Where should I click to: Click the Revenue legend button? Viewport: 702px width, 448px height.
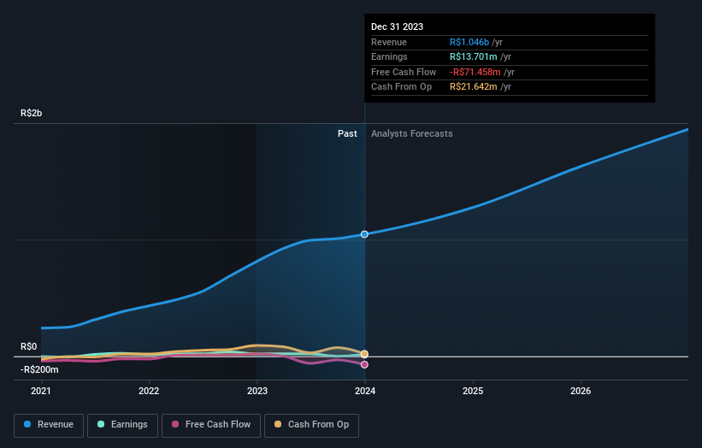pyautogui.click(x=49, y=424)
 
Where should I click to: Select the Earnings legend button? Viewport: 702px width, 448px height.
pyautogui.click(x=122, y=424)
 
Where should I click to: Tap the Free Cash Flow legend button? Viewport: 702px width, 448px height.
pyautogui.click(x=209, y=424)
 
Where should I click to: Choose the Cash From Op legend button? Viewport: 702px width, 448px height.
pyautogui.click(x=312, y=424)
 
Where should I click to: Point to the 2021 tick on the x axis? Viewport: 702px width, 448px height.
pyautogui.click(x=41, y=392)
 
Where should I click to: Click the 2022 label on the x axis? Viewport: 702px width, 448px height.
pyautogui.click(x=149, y=392)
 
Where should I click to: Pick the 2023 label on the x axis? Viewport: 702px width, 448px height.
pyautogui.click(x=257, y=392)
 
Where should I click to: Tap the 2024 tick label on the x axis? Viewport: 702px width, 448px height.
pyautogui.click(x=365, y=392)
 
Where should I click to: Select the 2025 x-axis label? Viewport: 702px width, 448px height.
pyautogui.click(x=473, y=392)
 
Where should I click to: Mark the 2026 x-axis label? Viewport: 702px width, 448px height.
pyautogui.click(x=581, y=392)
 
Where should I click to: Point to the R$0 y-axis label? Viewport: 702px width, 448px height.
pyautogui.click(x=29, y=346)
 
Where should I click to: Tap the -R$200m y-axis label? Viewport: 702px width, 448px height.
pyautogui.click(x=40, y=369)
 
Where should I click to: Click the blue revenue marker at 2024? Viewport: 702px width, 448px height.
pyautogui.click(x=365, y=233)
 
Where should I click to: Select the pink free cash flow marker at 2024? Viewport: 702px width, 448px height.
pyautogui.click(x=365, y=364)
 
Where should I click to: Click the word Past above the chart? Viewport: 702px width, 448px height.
pyautogui.click(x=347, y=133)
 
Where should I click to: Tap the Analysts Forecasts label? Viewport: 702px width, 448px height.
pyautogui.click(x=411, y=133)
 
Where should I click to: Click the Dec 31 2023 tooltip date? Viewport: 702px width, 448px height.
pyautogui.click(x=397, y=27)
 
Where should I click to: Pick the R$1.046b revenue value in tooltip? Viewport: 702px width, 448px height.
pyautogui.click(x=469, y=43)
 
